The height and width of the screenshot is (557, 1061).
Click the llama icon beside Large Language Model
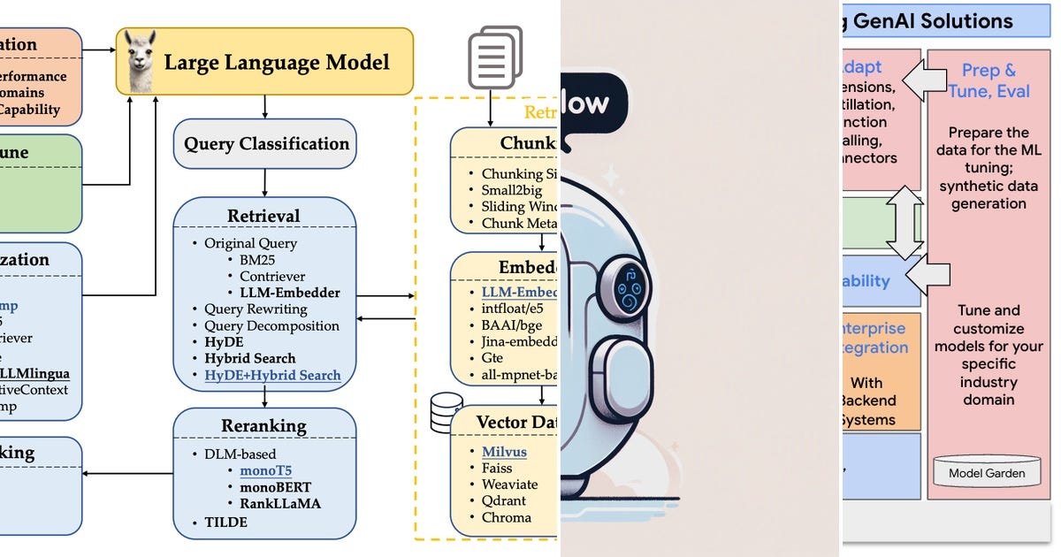coord(138,61)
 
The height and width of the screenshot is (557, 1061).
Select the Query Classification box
coord(266,144)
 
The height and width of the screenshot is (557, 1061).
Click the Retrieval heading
coord(263,216)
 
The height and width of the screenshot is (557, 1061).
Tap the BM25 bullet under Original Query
coord(257,260)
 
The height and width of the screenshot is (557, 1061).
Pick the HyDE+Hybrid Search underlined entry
coord(272,375)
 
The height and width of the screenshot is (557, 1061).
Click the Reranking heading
coord(264,426)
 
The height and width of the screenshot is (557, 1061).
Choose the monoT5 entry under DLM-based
coord(264,471)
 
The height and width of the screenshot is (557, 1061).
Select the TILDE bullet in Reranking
coord(226,522)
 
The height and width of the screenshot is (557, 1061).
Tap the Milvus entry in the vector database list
coord(504,452)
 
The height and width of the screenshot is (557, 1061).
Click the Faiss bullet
coord(498,469)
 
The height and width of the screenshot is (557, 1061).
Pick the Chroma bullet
coord(506,517)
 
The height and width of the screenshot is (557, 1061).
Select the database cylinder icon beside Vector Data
coord(445,409)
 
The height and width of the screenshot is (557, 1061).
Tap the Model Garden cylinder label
coord(988,473)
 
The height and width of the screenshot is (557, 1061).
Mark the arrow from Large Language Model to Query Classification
coord(265,107)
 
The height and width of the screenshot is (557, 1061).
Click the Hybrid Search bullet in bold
coord(250,358)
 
